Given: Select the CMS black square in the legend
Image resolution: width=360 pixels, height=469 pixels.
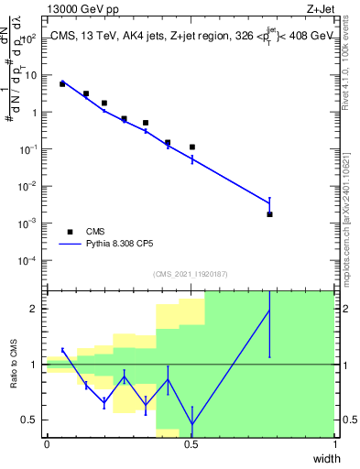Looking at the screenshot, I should [71, 232].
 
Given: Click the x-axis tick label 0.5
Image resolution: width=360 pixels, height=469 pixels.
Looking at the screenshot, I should [191, 443].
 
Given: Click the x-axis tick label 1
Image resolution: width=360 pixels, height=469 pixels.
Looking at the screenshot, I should [335, 443].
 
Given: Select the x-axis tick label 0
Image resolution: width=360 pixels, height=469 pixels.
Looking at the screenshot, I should [47, 443].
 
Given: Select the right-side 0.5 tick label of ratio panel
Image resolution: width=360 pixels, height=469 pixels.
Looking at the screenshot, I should [348, 420].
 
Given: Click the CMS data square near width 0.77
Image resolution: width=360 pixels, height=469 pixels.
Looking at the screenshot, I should [269, 214].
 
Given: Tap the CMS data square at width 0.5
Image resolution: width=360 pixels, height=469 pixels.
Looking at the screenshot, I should [191, 147].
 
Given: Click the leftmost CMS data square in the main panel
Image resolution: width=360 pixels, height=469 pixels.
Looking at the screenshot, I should [62, 83].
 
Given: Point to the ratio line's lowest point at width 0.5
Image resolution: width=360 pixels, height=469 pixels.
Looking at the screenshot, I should [191, 424].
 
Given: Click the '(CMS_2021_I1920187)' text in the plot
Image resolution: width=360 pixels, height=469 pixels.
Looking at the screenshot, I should [191, 274].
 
